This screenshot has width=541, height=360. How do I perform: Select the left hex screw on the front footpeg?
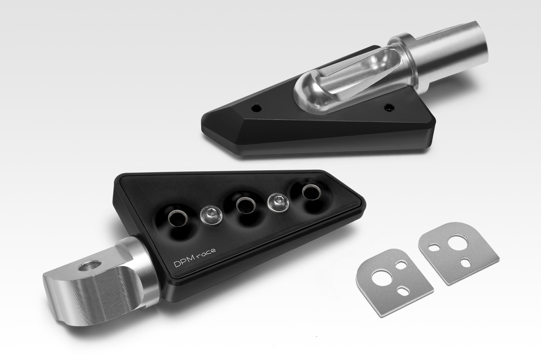[211, 215]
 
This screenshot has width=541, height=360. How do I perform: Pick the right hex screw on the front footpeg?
[278, 203]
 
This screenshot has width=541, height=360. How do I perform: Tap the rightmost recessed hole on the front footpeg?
[312, 192]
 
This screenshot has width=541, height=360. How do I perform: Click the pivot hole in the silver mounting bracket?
[89, 265]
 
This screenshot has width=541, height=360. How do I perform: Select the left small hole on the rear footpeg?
[256, 108]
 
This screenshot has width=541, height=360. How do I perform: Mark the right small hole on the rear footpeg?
[389, 106]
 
